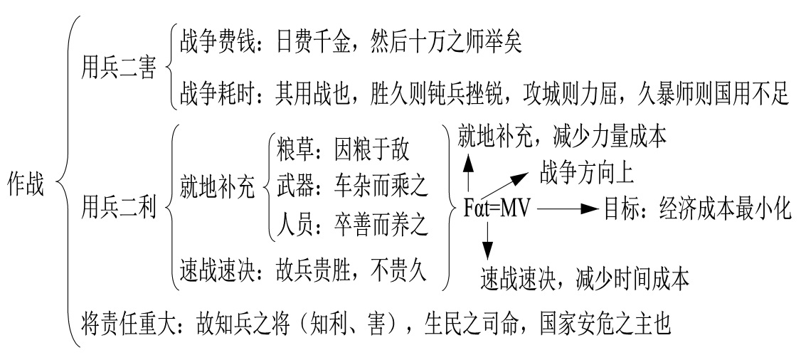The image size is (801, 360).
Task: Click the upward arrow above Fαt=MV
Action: [x=469, y=171]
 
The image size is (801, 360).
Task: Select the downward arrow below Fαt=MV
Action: [x=488, y=240]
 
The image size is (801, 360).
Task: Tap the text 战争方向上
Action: [x=586, y=171]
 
